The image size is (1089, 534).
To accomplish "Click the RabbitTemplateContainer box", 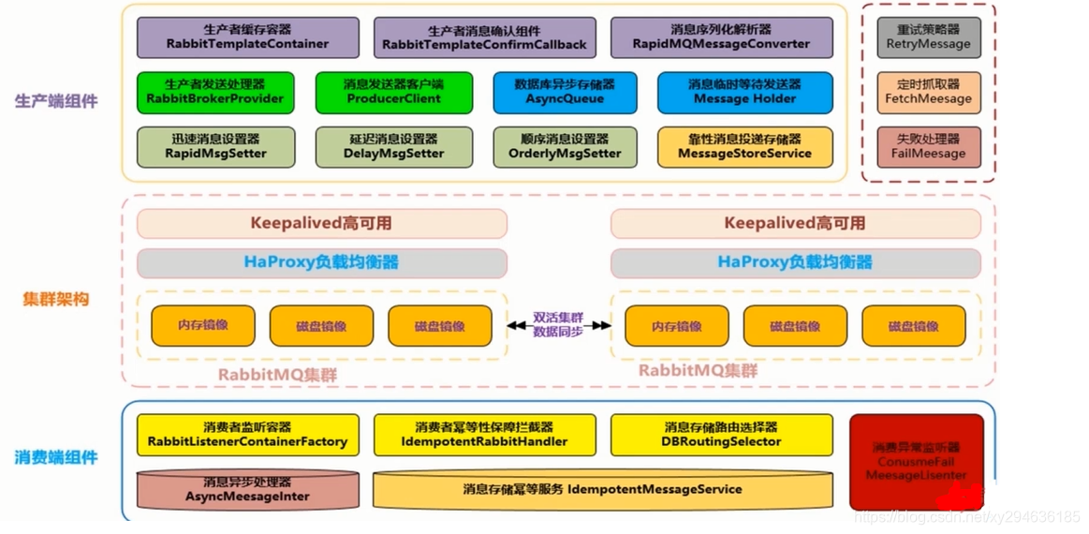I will (x=247, y=37).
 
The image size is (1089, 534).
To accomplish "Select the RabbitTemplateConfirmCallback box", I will (x=484, y=37).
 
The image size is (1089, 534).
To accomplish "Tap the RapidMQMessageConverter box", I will (x=721, y=37).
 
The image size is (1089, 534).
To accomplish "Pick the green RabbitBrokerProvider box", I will (x=214, y=92).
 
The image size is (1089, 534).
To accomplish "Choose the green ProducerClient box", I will (x=393, y=92).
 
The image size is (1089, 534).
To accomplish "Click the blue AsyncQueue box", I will (x=565, y=92).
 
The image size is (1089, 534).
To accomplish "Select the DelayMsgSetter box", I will (x=393, y=147).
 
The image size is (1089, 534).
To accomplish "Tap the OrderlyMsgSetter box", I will (x=565, y=147).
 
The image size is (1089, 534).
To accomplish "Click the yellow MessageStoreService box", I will (x=744, y=147).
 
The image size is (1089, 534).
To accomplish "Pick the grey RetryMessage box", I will (x=928, y=37).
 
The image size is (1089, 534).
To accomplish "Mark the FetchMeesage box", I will (x=928, y=92).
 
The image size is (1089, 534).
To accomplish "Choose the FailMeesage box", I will (x=928, y=147).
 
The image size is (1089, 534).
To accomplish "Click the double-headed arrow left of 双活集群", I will (x=518, y=326).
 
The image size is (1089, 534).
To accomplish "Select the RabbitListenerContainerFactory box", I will (x=247, y=435).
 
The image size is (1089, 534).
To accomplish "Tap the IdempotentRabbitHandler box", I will (x=484, y=435).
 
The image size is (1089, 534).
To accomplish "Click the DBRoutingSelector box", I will (x=721, y=435).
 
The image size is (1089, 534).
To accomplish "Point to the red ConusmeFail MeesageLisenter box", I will (x=916, y=462).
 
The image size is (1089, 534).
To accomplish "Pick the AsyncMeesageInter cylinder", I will (x=247, y=490).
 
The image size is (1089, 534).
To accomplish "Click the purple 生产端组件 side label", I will (x=56, y=101).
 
